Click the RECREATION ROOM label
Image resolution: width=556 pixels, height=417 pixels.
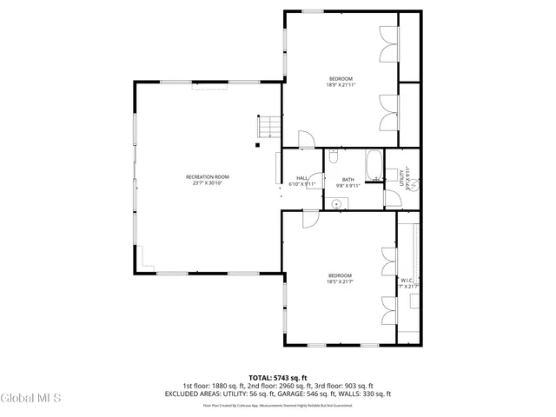(207, 177)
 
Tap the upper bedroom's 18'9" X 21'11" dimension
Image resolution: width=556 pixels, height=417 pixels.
(341, 85)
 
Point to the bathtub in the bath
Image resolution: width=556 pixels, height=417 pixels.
(374, 166)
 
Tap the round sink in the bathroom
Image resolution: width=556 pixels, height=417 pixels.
(337, 202)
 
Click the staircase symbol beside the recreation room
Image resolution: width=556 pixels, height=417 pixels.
(268, 127)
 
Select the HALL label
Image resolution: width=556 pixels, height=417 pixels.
(301, 178)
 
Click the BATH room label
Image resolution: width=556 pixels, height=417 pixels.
(347, 179)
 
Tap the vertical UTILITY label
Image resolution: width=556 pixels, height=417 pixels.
(401, 177)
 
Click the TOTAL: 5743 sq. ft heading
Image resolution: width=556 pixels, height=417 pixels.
(277, 378)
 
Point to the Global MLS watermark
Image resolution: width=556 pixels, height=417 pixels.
(31, 399)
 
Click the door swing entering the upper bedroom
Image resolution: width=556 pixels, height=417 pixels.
(305, 140)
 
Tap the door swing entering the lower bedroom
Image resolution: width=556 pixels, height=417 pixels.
(308, 221)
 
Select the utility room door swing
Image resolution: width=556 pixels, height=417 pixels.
(394, 199)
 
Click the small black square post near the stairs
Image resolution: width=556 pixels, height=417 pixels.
(257, 145)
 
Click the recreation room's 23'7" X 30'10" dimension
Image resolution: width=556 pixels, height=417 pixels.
(207, 184)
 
